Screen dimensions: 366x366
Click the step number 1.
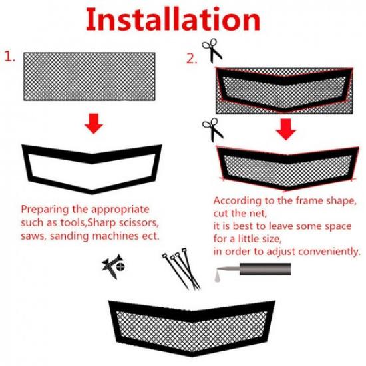[x=11, y=57]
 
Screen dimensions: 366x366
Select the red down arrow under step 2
[x=286, y=129]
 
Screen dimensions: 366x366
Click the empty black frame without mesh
[x=92, y=166]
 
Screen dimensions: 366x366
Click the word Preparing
[x=47, y=208]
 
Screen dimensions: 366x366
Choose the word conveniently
[x=326, y=252]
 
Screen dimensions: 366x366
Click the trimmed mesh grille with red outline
[x=286, y=166]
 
